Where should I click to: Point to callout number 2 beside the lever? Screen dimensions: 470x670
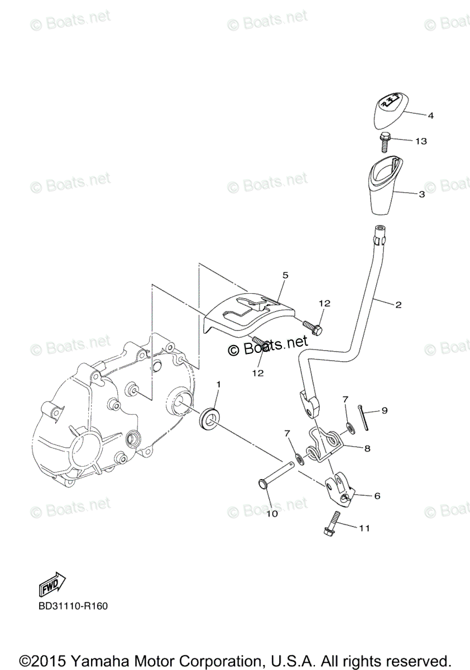click(398, 305)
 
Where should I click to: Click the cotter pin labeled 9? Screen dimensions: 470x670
click(365, 419)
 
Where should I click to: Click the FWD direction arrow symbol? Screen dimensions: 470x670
click(52, 584)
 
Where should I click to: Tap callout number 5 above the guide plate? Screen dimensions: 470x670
click(285, 275)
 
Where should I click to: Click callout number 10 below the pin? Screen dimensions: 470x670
click(271, 514)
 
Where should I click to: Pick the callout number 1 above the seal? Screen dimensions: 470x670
click(219, 385)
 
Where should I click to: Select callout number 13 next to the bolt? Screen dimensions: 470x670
click(421, 141)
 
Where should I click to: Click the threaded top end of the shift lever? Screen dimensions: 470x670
click(380, 233)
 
